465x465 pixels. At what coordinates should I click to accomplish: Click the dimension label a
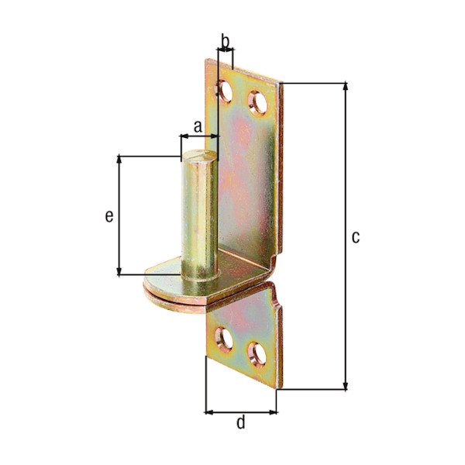point(197,125)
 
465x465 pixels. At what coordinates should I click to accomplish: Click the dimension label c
point(355,237)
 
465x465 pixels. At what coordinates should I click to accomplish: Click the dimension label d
point(240,422)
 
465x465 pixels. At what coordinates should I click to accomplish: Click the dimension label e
point(109,215)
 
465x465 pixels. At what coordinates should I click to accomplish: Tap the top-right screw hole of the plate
point(257,102)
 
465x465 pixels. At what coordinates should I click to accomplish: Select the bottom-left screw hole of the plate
point(225,339)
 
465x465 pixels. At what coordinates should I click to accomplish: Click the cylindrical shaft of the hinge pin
point(199,217)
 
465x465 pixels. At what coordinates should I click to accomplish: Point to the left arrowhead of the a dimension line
point(184,137)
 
